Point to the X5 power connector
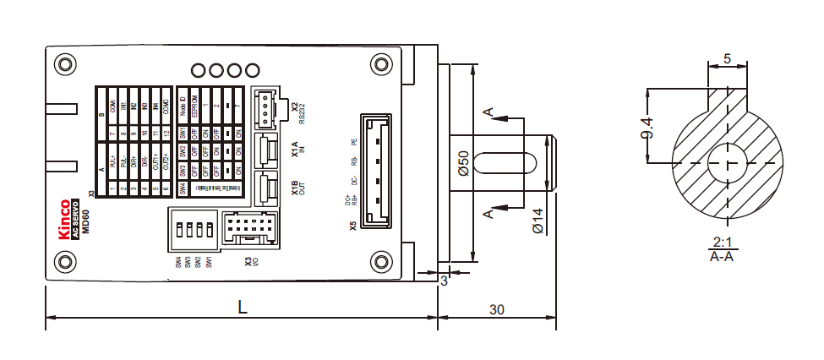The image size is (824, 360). click(375, 172)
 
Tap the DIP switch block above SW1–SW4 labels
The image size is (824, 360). click(194, 230)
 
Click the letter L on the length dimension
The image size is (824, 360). click(243, 309)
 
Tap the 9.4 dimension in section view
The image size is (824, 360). click(647, 124)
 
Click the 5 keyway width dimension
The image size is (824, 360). click(727, 61)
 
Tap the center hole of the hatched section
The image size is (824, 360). click(726, 161)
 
